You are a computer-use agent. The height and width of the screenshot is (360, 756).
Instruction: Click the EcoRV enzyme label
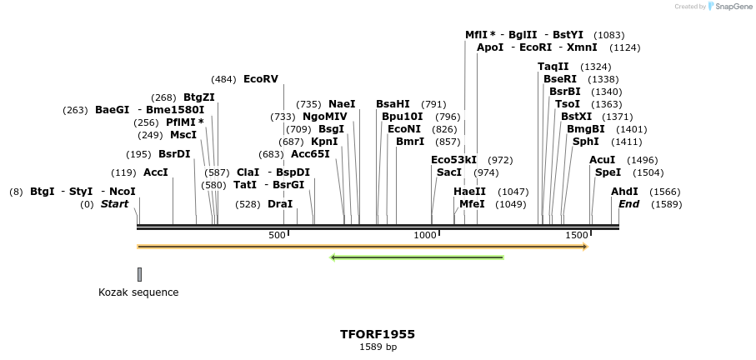click(x=260, y=79)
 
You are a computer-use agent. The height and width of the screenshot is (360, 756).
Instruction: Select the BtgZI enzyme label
click(x=199, y=97)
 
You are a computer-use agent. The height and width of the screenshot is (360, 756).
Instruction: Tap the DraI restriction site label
click(x=280, y=204)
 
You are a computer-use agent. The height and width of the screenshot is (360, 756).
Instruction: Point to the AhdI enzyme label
click(x=624, y=192)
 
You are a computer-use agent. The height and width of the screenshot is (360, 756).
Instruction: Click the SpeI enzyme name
click(x=608, y=172)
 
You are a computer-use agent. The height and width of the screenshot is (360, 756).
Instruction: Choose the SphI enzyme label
click(x=585, y=142)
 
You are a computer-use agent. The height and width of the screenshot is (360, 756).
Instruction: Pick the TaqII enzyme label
click(x=553, y=67)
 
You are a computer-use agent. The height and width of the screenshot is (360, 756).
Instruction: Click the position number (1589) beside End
click(x=666, y=204)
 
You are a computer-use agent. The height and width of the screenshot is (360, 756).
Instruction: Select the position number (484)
click(x=223, y=79)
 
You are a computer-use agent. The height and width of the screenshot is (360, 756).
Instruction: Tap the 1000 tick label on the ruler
click(x=425, y=236)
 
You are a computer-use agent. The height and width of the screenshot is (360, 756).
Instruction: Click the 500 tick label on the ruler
click(x=277, y=236)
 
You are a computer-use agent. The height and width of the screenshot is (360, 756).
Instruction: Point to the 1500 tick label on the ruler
click(x=577, y=236)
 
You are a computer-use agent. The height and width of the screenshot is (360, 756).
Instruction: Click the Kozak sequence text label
click(x=138, y=292)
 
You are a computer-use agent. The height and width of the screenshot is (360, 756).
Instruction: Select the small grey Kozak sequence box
click(x=139, y=274)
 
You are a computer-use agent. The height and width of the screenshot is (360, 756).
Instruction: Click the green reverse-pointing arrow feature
click(x=417, y=257)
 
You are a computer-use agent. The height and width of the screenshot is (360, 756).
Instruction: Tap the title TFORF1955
click(x=378, y=334)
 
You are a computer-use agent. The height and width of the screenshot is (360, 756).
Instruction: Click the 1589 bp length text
click(x=378, y=347)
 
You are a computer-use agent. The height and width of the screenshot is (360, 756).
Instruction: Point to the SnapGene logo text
click(x=731, y=7)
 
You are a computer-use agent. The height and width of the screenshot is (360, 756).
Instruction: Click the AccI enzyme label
click(x=155, y=172)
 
